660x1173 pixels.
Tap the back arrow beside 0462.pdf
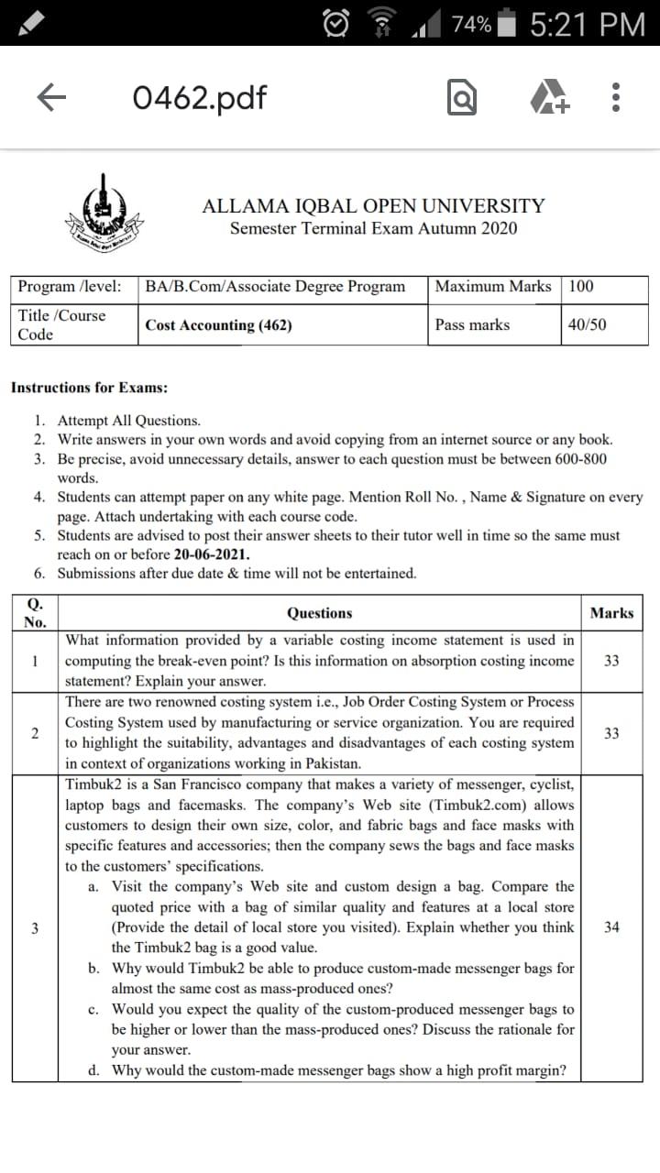coord(52,97)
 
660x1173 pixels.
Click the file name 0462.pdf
coord(199,97)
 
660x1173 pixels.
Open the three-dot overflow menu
coord(617,97)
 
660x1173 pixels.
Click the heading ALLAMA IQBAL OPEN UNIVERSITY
coord(373,206)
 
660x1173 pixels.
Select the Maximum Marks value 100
coord(581,286)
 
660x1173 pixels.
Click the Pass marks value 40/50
coord(587,324)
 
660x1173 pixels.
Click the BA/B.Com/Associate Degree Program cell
coord(275,286)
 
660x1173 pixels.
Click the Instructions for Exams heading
coord(89,388)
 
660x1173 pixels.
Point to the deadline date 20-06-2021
coord(212,554)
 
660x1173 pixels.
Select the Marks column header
coord(611,613)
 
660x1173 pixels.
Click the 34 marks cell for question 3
coord(611,927)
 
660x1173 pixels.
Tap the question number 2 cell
coord(35,733)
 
